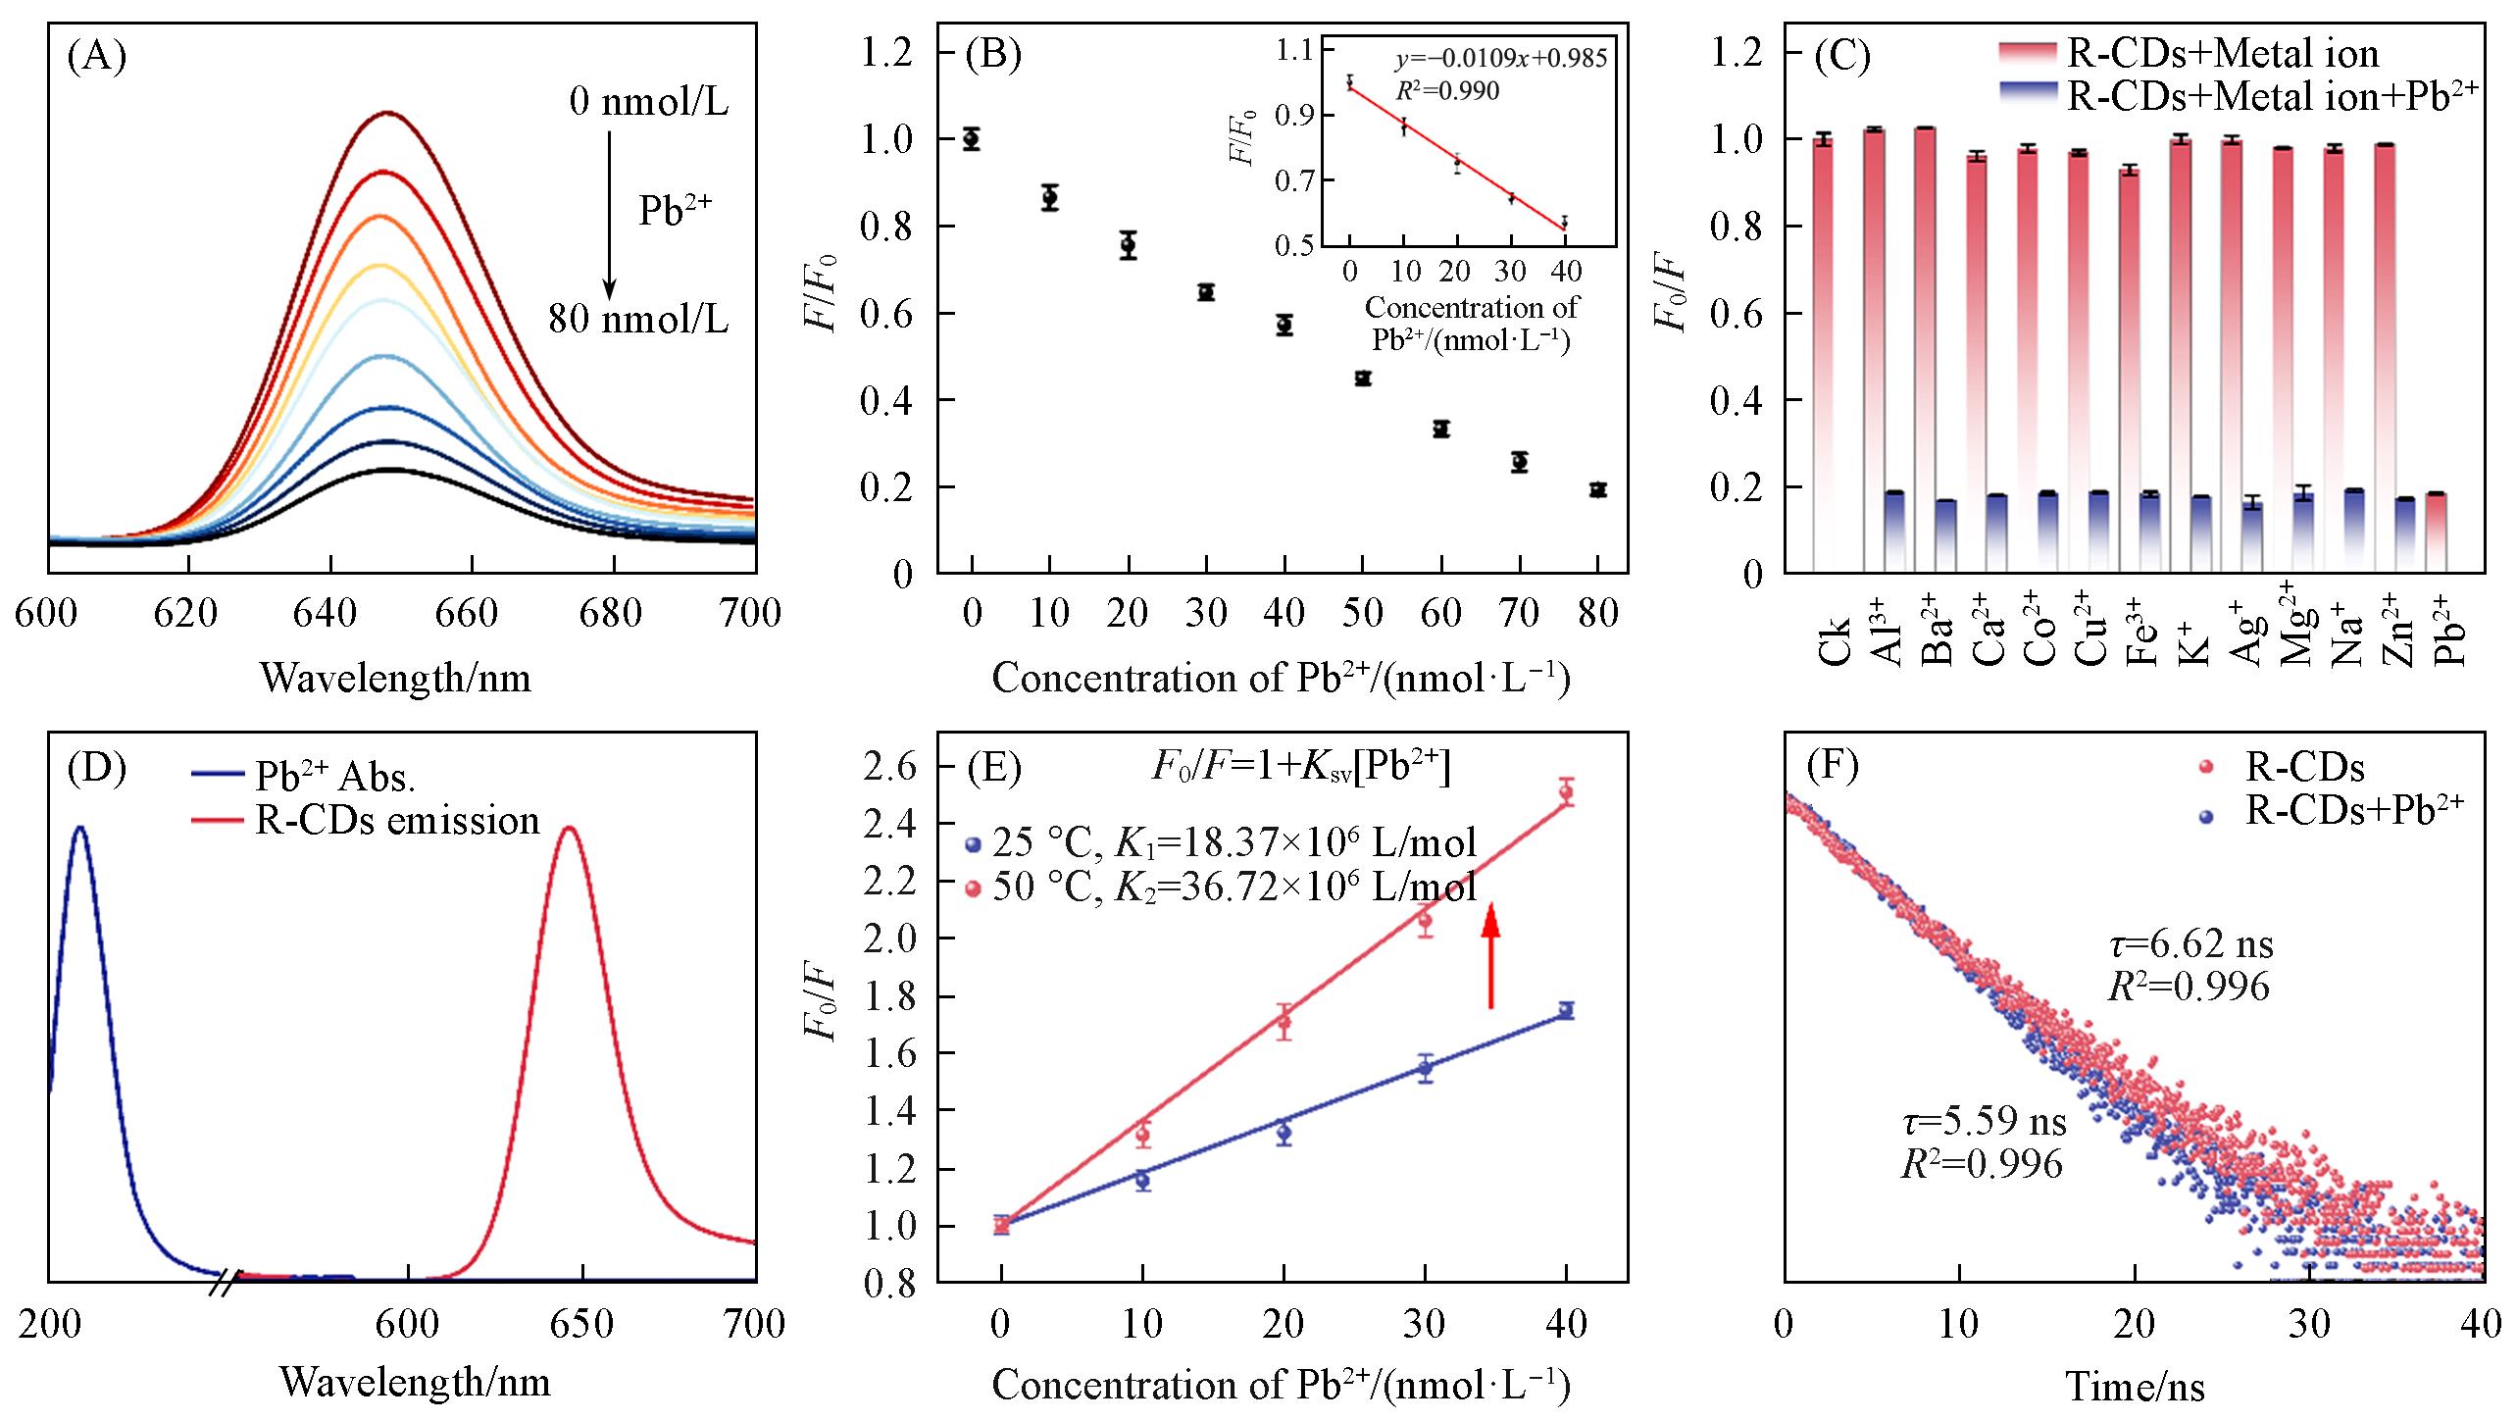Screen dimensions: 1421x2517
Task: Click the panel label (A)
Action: click(x=96, y=58)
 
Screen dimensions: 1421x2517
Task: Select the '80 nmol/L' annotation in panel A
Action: click(x=638, y=320)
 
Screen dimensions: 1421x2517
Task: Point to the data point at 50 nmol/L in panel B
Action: click(x=1363, y=379)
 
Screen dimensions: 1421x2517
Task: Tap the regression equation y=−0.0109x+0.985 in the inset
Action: click(x=1501, y=59)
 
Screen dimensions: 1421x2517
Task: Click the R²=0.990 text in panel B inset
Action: click(x=1447, y=91)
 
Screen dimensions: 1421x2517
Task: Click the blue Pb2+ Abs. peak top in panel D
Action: click(x=80, y=829)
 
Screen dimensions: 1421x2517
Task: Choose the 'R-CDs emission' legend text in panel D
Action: click(x=397, y=820)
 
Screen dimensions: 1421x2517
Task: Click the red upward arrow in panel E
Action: click(x=1490, y=956)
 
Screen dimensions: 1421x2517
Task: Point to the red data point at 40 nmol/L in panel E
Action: click(x=1566, y=791)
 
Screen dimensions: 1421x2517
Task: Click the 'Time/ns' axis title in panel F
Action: click(x=2135, y=1386)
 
